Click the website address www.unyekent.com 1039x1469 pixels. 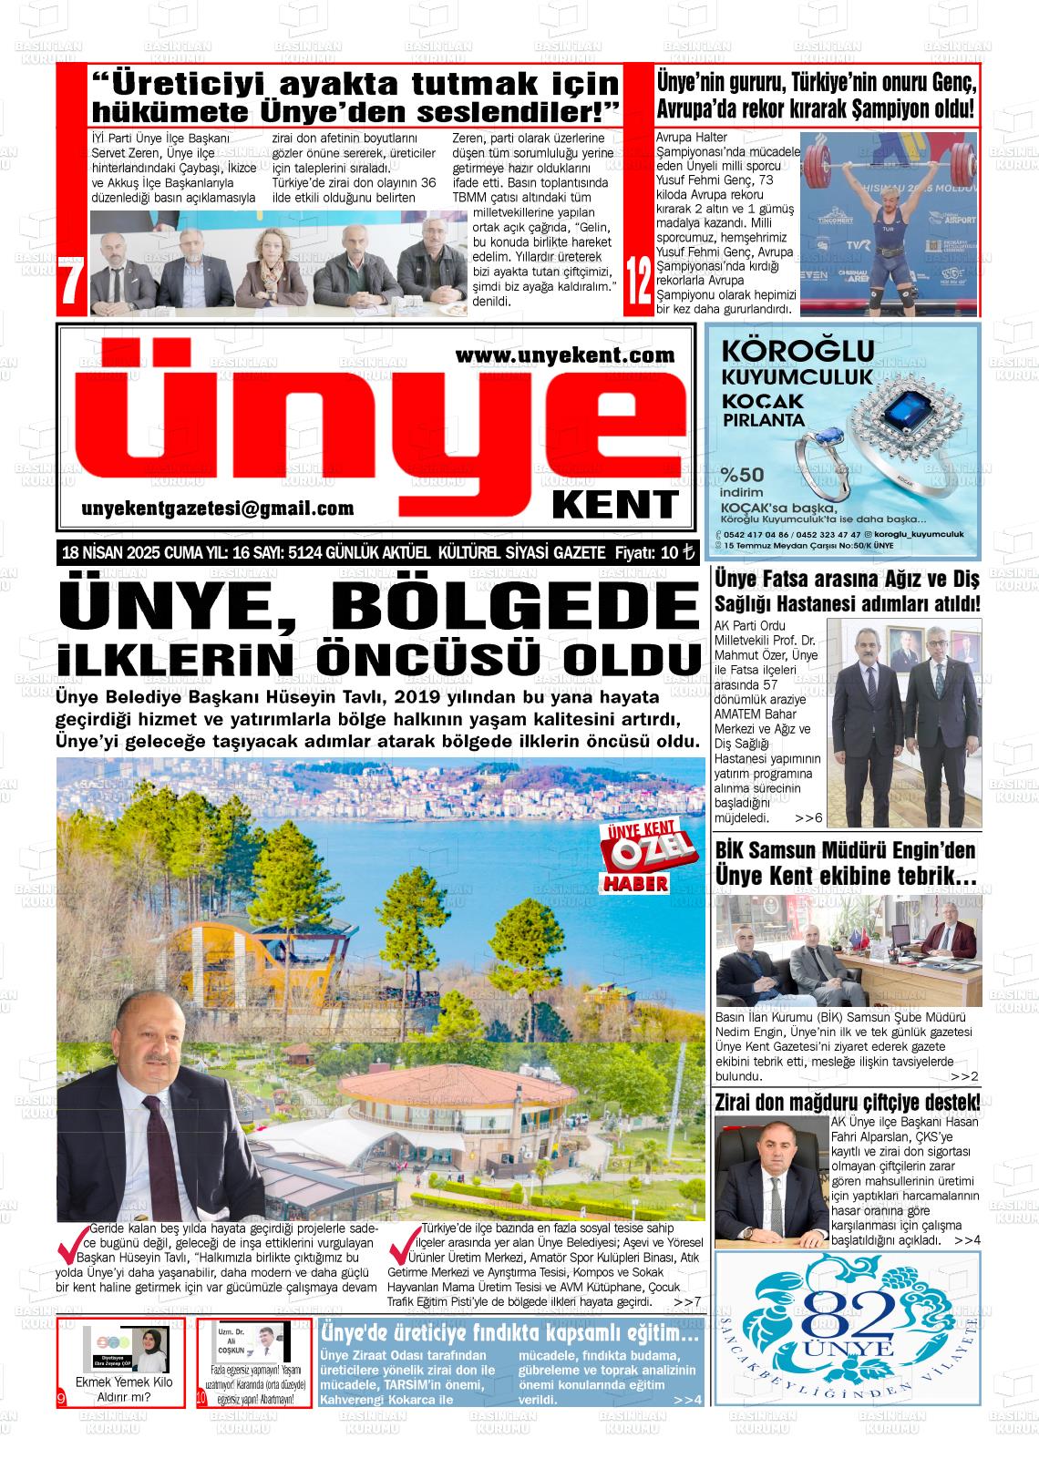564,355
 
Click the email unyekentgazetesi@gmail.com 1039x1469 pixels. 217,509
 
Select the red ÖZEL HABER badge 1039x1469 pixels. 636,858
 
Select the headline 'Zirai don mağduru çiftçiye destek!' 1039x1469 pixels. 848,1102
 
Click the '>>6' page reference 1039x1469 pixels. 808,818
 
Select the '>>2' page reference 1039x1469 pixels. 964,1076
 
